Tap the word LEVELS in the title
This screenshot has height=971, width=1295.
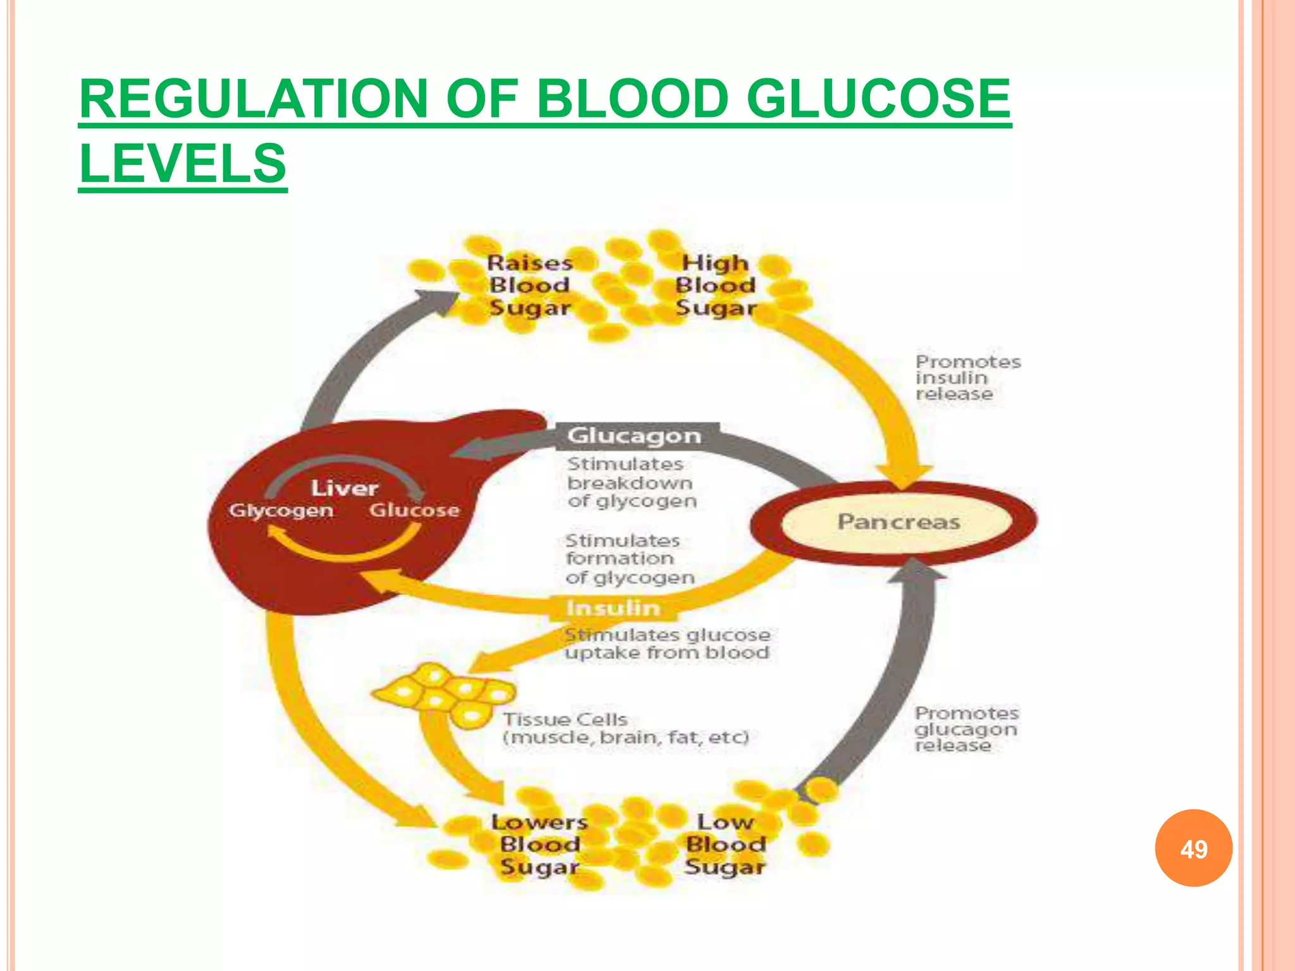[x=183, y=163]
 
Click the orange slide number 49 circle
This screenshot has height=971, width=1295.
[x=1193, y=848]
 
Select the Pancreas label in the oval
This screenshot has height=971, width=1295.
[x=899, y=522]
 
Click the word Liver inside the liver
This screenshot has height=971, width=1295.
[x=344, y=488]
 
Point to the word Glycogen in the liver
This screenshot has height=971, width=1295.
[x=281, y=510]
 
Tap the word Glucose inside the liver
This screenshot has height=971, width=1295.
[x=414, y=510]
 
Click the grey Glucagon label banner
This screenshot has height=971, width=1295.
[x=634, y=436]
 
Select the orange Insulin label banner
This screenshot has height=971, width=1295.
[x=613, y=608]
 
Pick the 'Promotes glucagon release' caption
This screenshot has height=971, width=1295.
[x=966, y=729]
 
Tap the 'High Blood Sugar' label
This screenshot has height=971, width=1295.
[x=715, y=285]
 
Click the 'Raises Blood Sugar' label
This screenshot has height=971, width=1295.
[x=530, y=285]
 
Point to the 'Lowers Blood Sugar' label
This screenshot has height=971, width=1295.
[x=539, y=845]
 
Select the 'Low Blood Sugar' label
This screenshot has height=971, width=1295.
[x=725, y=845]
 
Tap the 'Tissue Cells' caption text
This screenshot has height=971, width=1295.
[x=626, y=728]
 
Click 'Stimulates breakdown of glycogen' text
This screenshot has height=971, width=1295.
[x=631, y=482]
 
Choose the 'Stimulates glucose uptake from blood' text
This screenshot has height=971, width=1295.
[x=667, y=644]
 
